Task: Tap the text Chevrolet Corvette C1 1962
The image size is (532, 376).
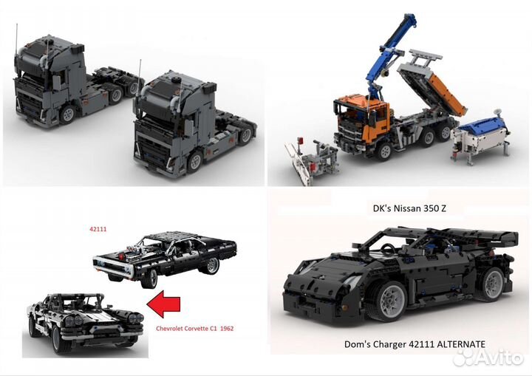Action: [194, 327]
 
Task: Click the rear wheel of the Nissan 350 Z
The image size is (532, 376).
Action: [490, 284]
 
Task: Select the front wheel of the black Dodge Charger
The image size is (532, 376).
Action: [150, 278]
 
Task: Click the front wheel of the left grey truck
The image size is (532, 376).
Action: [68, 114]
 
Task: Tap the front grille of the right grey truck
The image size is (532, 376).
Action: [150, 145]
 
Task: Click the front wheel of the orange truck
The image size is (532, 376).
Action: [383, 151]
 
